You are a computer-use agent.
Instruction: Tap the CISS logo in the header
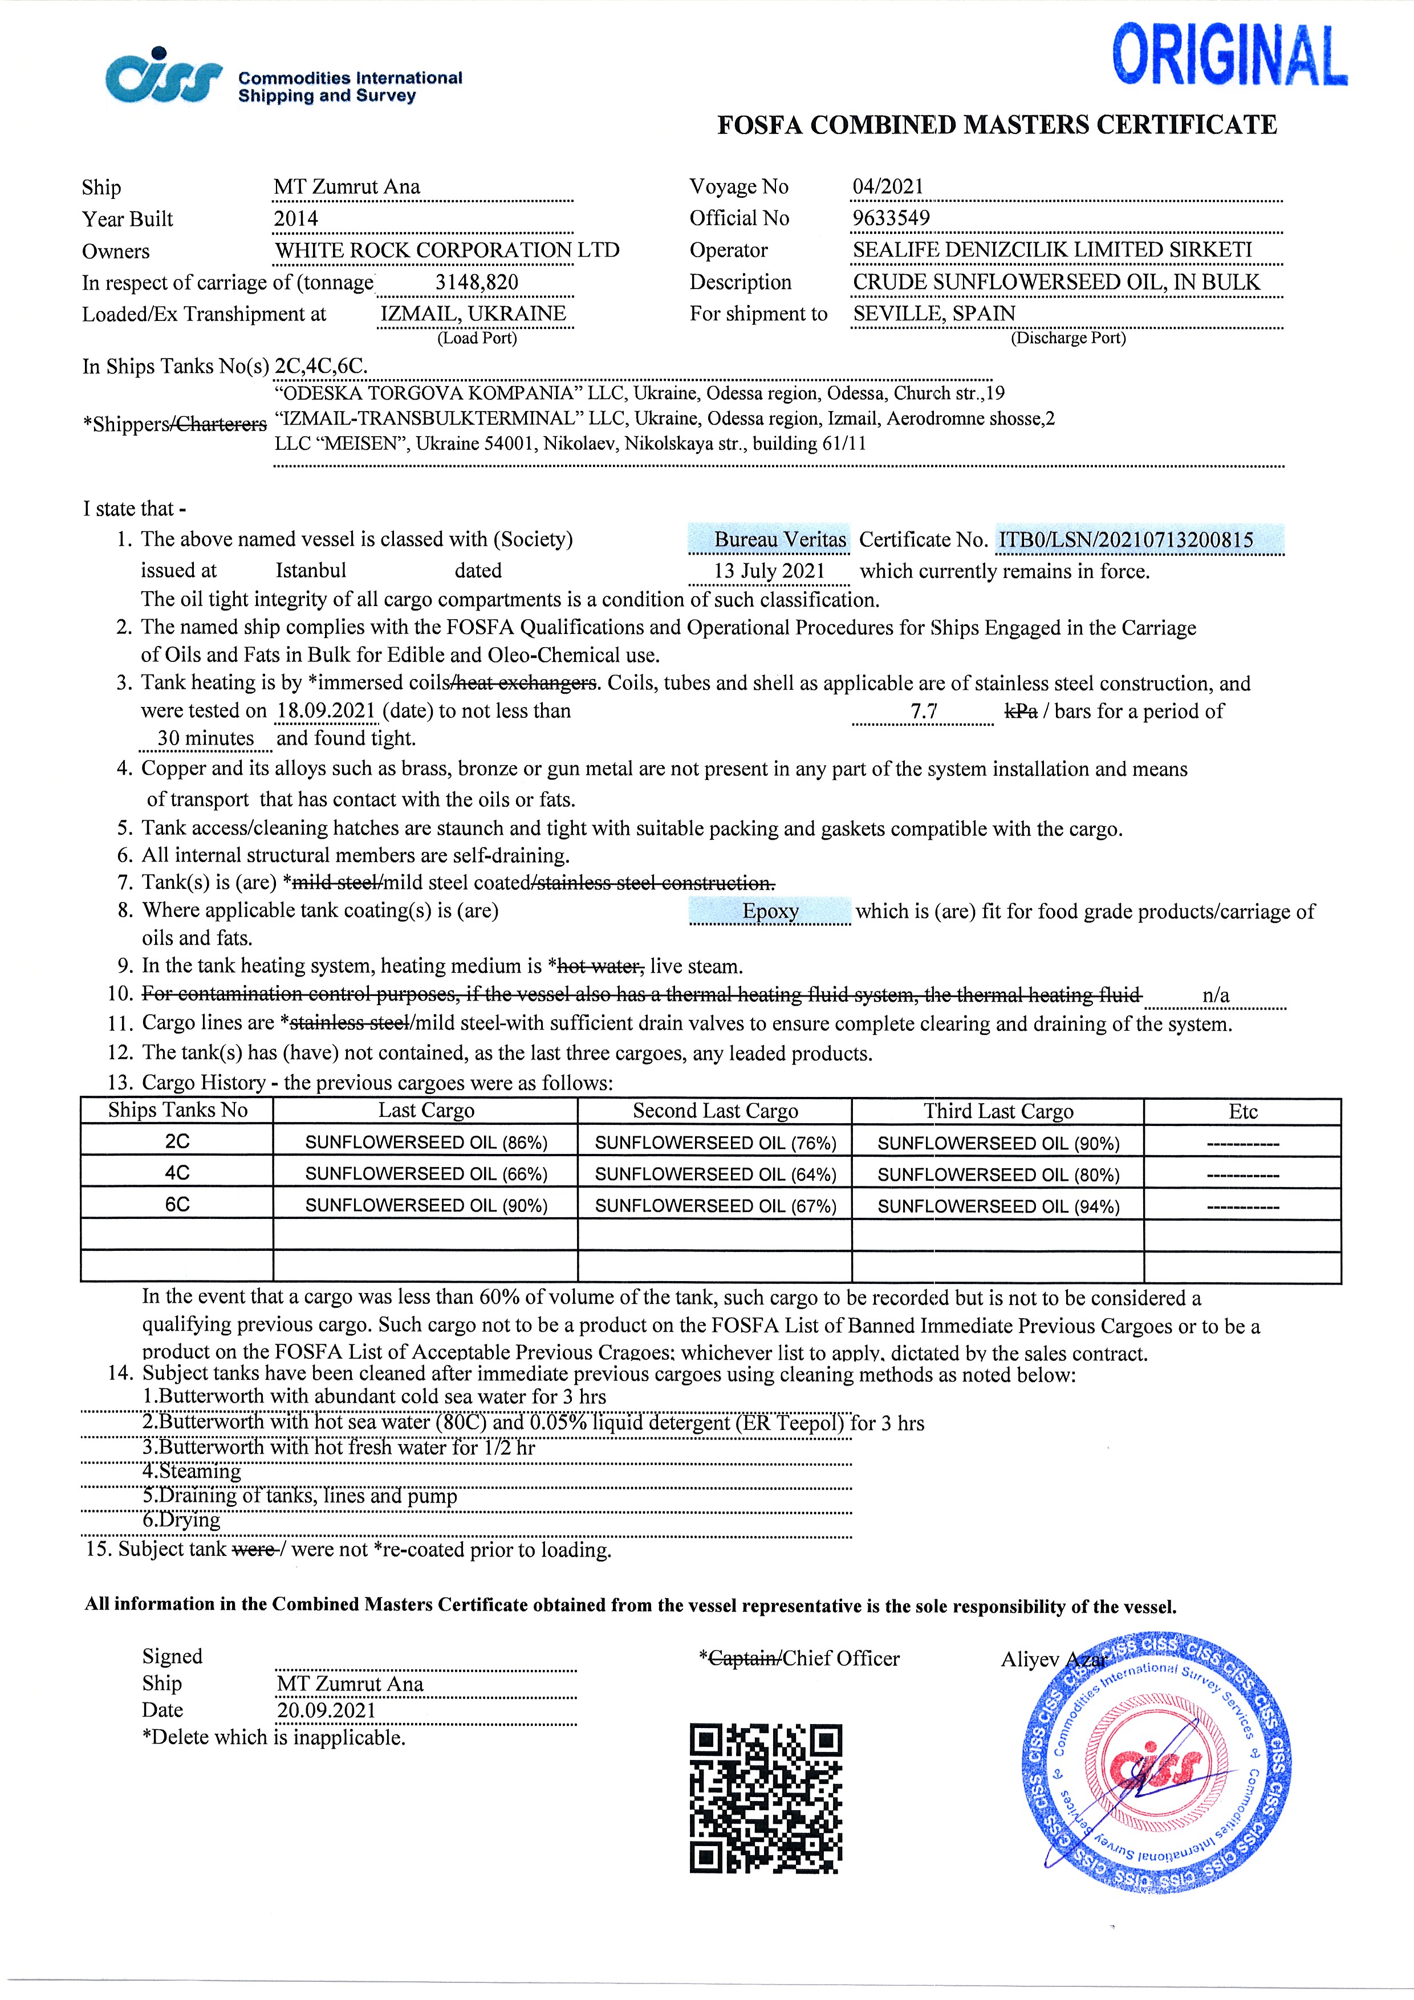point(164,76)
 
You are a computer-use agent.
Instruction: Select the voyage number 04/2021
point(888,186)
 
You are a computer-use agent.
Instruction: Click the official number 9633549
point(891,218)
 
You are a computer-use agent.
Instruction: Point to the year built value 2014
point(296,218)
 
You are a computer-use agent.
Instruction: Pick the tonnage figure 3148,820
point(477,282)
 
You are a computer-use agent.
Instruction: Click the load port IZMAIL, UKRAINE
point(473,314)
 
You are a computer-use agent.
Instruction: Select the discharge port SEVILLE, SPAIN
point(934,314)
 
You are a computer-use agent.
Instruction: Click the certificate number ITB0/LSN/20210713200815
point(1125,539)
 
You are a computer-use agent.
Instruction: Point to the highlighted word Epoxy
point(770,911)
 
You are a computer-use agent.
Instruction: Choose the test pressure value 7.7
point(924,712)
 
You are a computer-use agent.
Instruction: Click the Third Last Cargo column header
point(998,1112)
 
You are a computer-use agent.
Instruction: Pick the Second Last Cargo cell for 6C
point(716,1206)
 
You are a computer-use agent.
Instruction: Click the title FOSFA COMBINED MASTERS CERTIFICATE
point(997,125)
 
